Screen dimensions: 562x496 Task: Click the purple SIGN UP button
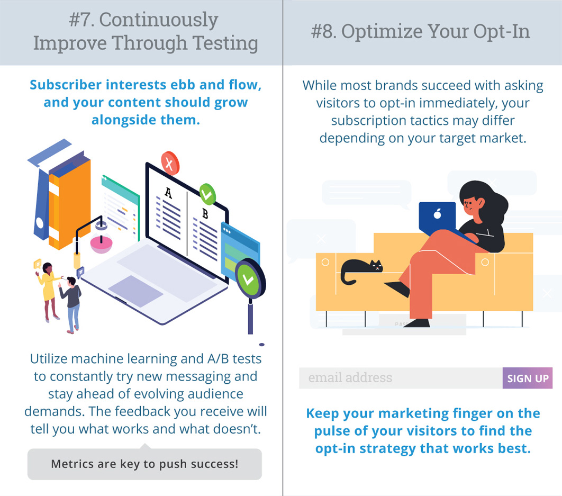point(527,378)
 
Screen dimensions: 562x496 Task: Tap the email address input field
point(401,378)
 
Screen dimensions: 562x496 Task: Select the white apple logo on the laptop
point(437,214)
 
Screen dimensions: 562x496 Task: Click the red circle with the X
point(170,164)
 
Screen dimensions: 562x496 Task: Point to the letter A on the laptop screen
point(168,193)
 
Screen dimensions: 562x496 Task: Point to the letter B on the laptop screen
point(205,214)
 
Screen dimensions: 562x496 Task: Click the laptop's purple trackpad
point(135,291)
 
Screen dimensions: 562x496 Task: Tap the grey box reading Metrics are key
point(144,464)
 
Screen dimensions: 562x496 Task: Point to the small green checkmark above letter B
point(207,194)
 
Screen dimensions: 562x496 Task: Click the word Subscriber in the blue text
point(66,85)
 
